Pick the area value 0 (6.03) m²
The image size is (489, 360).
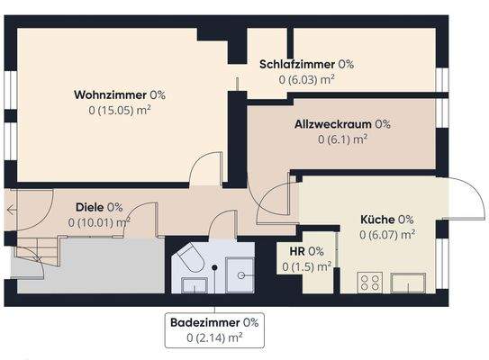coord(306,79)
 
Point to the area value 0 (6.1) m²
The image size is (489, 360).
coord(341,139)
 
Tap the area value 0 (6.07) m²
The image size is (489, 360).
coord(386,235)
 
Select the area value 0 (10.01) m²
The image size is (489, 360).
coord(98,221)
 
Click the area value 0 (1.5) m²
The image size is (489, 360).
coord(306,266)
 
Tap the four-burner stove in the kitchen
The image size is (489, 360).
coord(370,283)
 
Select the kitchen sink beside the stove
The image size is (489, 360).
coord(407,283)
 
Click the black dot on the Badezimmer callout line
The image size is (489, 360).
coord(215,268)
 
